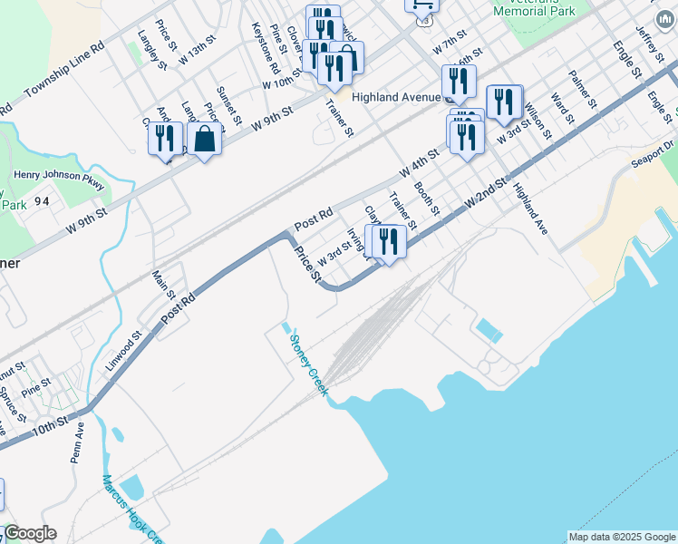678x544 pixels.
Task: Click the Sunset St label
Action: [229, 106]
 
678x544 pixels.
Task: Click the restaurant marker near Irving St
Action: [388, 241]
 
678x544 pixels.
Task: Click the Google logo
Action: [30, 533]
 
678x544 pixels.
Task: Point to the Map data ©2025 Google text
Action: [622, 537]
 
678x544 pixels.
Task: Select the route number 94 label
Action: [42, 202]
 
